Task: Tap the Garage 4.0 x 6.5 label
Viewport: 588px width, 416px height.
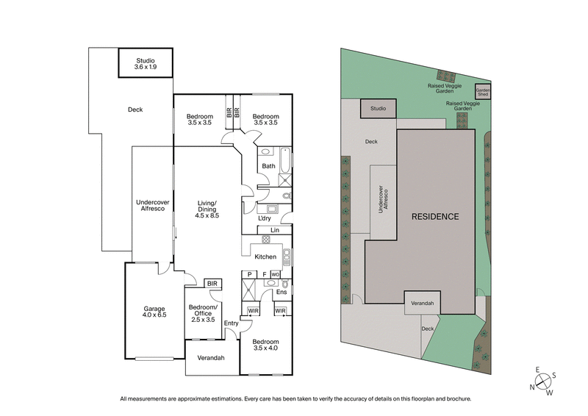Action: click(x=154, y=312)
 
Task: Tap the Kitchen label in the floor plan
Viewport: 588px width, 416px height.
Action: click(x=265, y=257)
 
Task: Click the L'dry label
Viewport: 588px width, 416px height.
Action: click(x=265, y=218)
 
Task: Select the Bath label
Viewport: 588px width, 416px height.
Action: click(x=269, y=166)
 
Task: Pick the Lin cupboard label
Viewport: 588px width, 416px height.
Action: click(x=275, y=231)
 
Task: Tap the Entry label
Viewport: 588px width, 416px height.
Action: click(x=232, y=323)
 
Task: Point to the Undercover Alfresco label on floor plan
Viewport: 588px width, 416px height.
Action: click(x=153, y=206)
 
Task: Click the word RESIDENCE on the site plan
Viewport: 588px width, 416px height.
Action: click(x=435, y=217)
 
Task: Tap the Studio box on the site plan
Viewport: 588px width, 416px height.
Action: click(x=378, y=109)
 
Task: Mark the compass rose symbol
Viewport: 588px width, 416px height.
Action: click(x=545, y=381)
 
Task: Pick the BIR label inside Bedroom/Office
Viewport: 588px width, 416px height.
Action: click(x=212, y=283)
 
